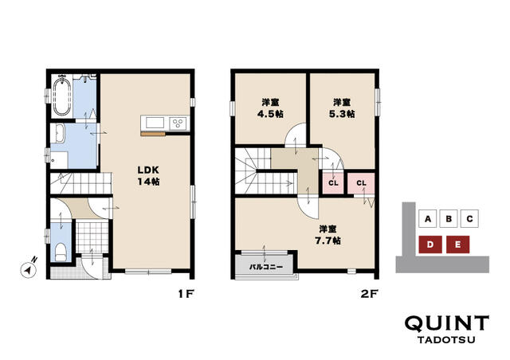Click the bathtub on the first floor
click(62, 96)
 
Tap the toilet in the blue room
click(61, 252)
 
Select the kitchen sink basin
click(155, 123)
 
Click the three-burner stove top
click(178, 123)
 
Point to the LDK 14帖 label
click(148, 175)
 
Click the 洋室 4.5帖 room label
click(270, 108)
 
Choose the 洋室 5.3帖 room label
click(342, 108)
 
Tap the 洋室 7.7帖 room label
click(328, 235)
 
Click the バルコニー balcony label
click(266, 267)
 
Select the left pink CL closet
click(333, 183)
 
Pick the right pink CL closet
click(361, 183)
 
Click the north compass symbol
click(29, 268)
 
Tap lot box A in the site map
click(428, 218)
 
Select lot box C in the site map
click(469, 218)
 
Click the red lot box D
click(430, 245)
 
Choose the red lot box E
click(457, 245)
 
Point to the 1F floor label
click(186, 294)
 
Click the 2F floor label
click(369, 294)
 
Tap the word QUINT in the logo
click(447, 323)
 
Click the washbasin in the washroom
click(59, 134)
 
